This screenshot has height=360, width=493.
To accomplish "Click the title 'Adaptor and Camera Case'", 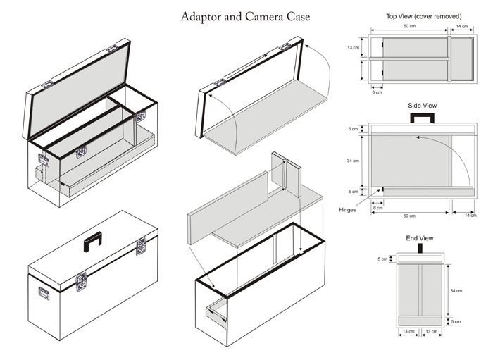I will [244, 15].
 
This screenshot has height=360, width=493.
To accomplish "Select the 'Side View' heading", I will [422, 106].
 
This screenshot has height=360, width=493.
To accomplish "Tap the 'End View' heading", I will [420, 238].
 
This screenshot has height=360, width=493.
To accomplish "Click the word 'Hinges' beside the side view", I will [347, 209].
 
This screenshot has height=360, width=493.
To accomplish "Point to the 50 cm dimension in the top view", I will [408, 26].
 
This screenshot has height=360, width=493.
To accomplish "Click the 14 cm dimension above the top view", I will [462, 26].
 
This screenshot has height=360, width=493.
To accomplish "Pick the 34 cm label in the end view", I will [456, 291].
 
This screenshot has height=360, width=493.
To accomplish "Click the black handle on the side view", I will [423, 118].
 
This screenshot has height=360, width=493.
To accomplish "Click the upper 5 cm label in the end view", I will [382, 259].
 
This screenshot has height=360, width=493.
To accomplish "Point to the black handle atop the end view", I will [420, 248].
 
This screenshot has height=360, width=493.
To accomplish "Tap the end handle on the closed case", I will [44, 292].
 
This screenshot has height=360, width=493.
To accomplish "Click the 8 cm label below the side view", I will [377, 208].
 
